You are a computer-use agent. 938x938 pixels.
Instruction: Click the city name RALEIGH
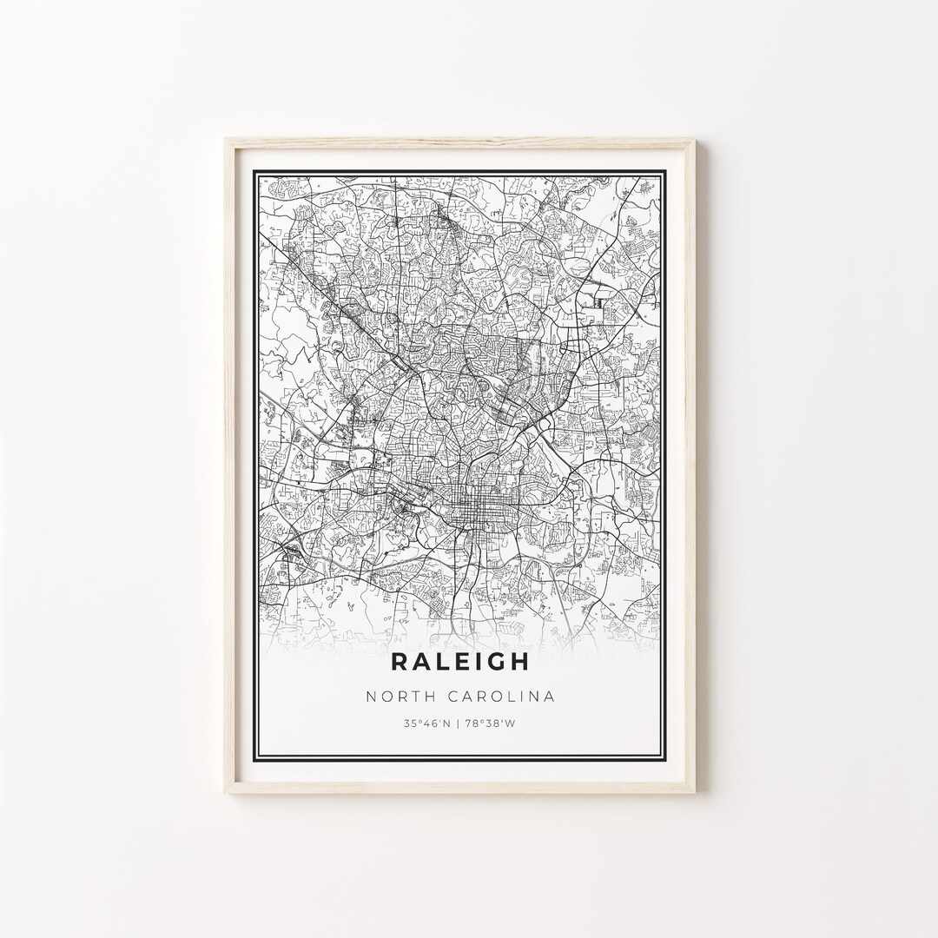click(459, 661)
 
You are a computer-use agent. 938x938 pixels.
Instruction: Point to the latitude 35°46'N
click(426, 723)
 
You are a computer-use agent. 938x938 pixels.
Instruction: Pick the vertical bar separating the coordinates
click(460, 723)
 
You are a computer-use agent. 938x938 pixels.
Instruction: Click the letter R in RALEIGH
click(400, 661)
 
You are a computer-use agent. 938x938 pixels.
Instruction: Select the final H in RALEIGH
click(519, 661)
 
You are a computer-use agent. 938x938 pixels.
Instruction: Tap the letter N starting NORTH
click(371, 697)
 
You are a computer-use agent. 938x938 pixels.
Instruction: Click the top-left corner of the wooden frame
click(226, 140)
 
